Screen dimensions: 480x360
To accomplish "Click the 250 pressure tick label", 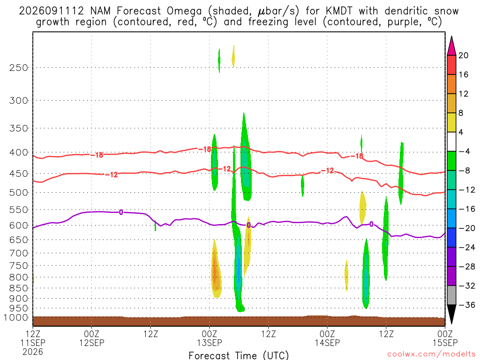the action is [x=18, y=67].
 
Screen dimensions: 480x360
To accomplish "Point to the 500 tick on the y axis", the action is [x=18, y=193].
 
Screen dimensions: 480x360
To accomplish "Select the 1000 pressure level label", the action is [x=16, y=317].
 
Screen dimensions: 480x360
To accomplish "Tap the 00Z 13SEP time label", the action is [x=210, y=338].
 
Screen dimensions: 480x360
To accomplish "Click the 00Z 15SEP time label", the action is [x=445, y=338].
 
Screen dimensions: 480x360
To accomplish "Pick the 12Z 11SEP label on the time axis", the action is [x=33, y=342].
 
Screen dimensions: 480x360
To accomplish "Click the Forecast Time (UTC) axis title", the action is [x=239, y=355].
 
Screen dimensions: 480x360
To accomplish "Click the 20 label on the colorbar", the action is [x=464, y=55].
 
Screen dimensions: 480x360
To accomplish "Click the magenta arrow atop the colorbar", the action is [x=451, y=46].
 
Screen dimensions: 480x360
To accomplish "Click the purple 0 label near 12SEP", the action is [x=121, y=212].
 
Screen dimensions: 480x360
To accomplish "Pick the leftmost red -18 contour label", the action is [x=97, y=155].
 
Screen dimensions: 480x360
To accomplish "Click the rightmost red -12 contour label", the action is [x=327, y=171].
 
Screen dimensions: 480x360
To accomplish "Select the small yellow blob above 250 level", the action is [x=233, y=56].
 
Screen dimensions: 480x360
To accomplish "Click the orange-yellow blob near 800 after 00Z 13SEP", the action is [x=216, y=270].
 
